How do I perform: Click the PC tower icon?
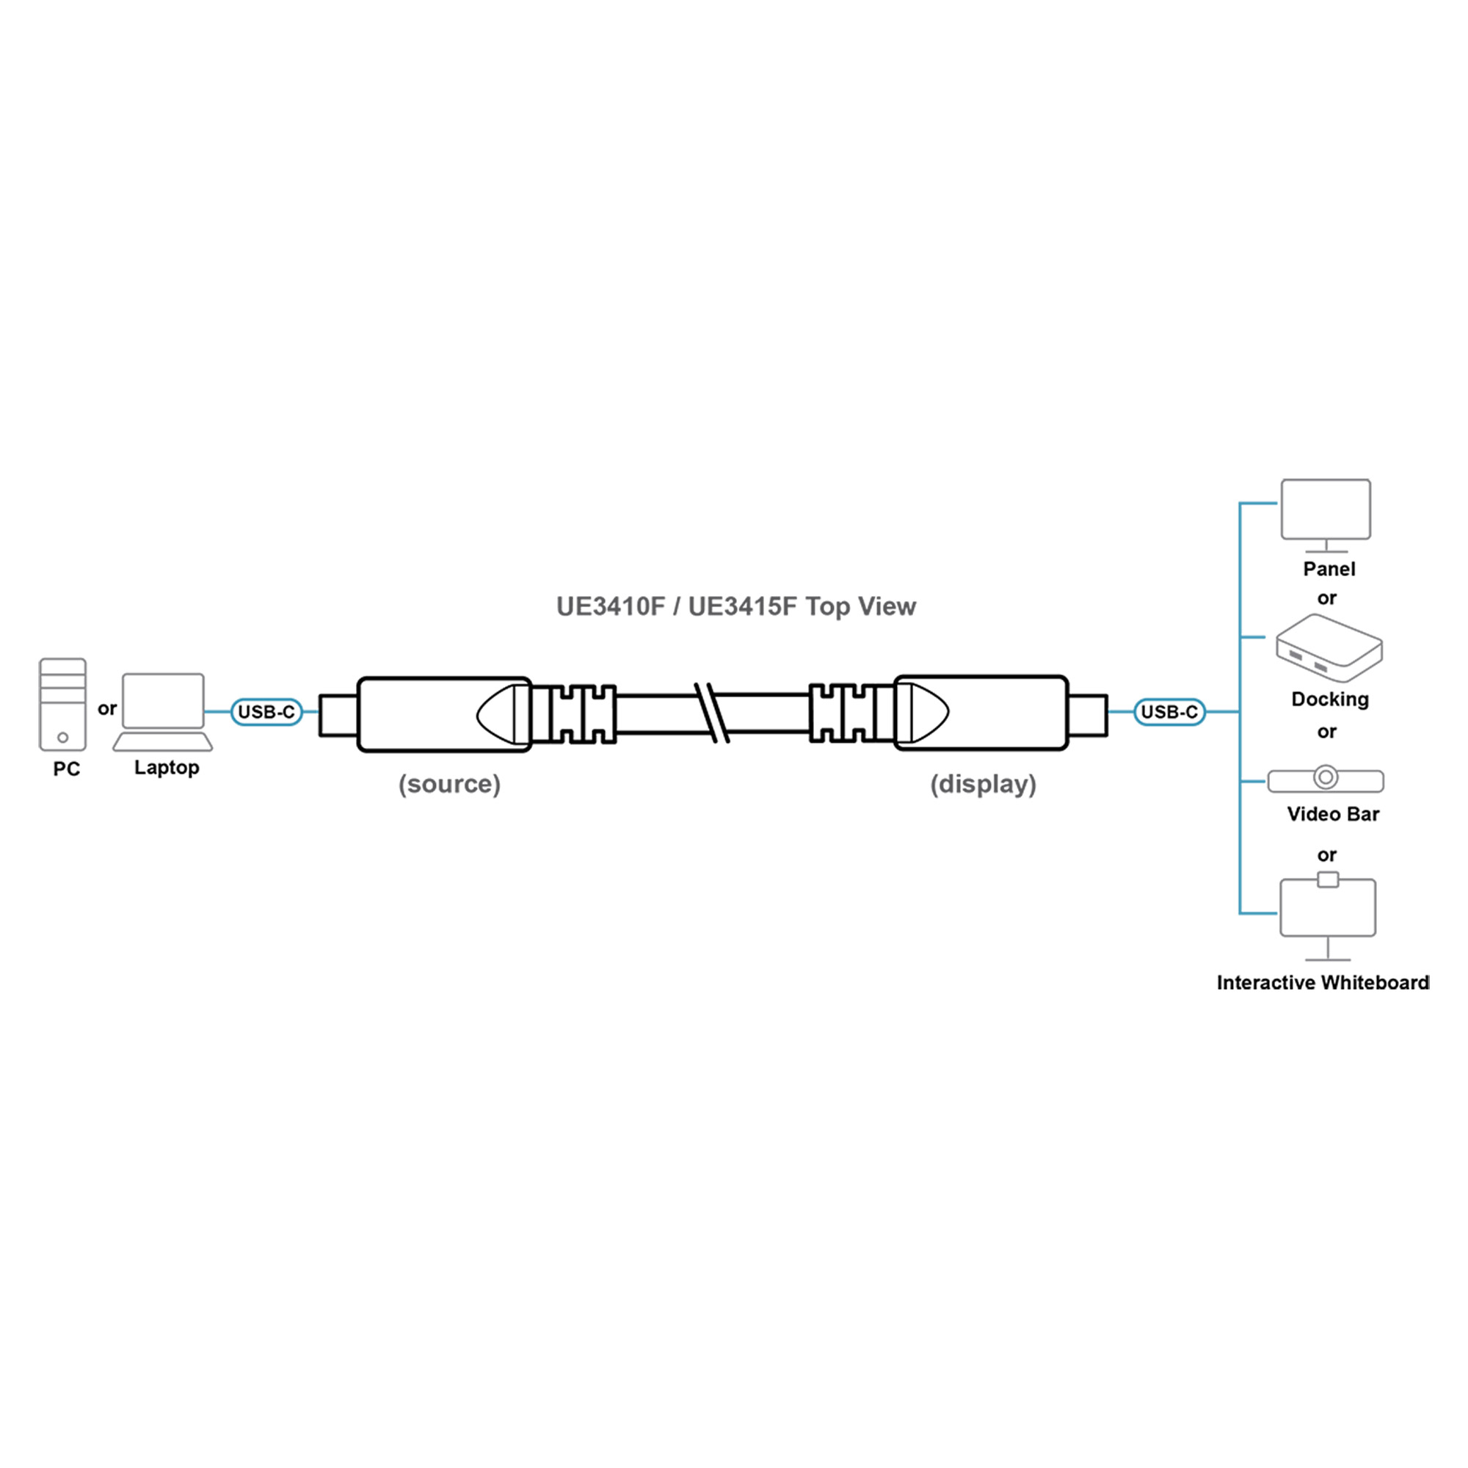pos(62,704)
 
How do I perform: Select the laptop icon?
pos(164,711)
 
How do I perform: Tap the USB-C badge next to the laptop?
pos(266,712)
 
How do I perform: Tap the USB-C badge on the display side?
pos(1169,712)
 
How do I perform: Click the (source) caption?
pos(449,783)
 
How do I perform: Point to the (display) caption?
pos(983,783)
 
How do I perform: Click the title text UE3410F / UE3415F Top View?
pos(735,606)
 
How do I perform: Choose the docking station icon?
pos(1329,648)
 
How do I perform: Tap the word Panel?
pos(1329,569)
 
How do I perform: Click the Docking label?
pos(1330,699)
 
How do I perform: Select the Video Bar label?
pos(1332,815)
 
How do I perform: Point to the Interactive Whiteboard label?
pos(1322,983)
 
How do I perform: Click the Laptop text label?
pos(167,768)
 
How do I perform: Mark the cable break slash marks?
pos(712,713)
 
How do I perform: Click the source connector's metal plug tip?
pos(338,715)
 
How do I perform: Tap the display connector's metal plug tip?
pos(1087,715)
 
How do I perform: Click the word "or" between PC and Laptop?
pos(107,708)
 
